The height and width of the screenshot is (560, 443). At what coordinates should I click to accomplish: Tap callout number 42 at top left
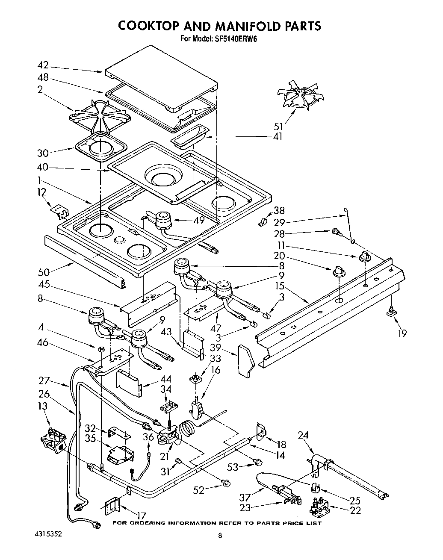point(43,66)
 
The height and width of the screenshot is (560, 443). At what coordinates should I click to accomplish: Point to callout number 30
point(43,153)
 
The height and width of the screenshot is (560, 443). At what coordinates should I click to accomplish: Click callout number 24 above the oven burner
point(302,436)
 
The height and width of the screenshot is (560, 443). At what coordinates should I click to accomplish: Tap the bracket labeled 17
point(113,507)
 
